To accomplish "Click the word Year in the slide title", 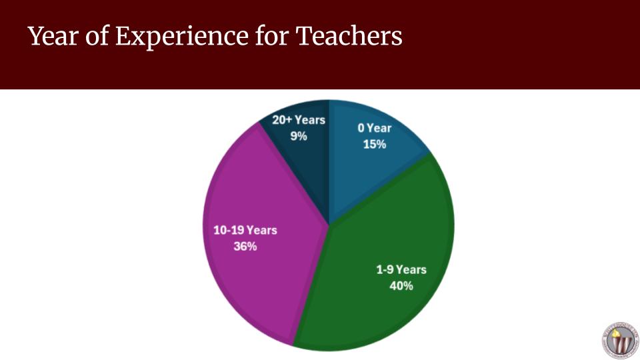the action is pos(53,36).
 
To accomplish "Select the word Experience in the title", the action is pos(182,37).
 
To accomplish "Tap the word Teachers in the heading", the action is pos(349,35).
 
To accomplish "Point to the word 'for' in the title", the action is pos(272,35).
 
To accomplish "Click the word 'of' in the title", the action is pos(97,35).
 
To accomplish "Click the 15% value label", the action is pos(375,144).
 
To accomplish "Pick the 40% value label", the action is pos(401,286).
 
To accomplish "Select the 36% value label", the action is pos(245,246).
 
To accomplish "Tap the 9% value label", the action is pos(299,136).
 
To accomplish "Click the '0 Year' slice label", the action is pos(375,128).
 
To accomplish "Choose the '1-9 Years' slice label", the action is pos(401,269).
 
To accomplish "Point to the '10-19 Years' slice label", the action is pos(245,230).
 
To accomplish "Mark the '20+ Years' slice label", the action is pos(299,120).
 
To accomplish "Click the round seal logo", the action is pos(621,341).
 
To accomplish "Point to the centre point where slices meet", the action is pos(329,225).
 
